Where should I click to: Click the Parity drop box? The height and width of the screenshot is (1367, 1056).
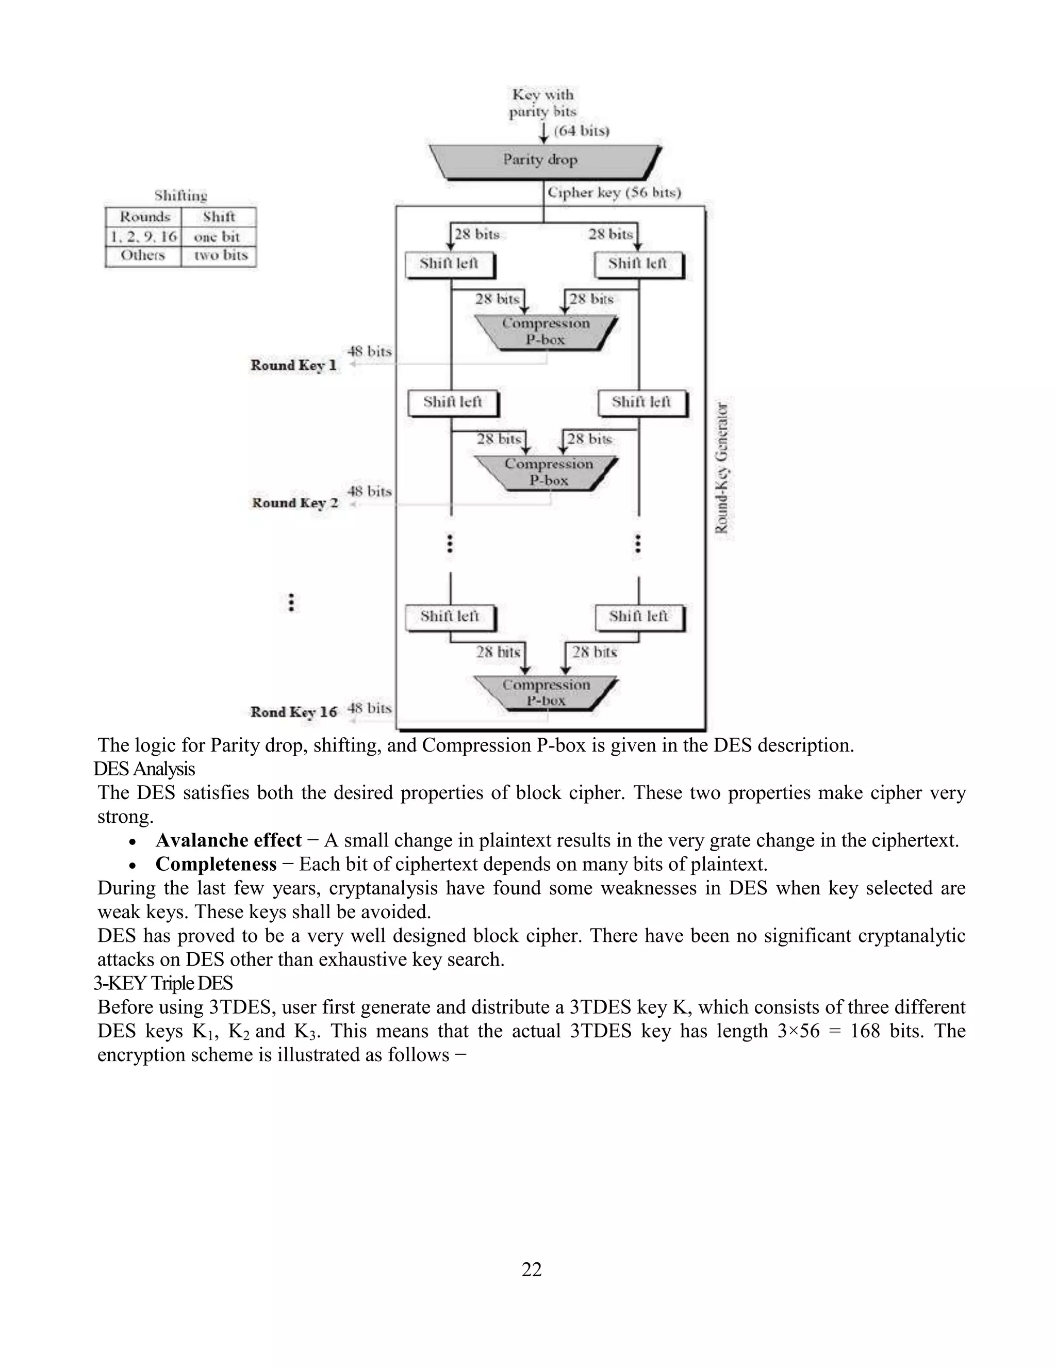click(542, 161)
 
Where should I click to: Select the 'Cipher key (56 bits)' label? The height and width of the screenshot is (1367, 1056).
click(614, 193)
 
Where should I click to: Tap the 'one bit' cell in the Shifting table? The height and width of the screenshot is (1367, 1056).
click(218, 237)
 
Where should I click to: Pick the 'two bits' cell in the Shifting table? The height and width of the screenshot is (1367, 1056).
click(220, 255)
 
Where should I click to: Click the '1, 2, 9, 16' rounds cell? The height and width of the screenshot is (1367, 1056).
click(144, 237)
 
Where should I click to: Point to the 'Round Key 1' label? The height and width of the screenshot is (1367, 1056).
click(293, 366)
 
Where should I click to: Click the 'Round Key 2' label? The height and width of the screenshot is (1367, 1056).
click(294, 503)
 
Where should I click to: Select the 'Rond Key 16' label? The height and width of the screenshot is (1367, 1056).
click(293, 712)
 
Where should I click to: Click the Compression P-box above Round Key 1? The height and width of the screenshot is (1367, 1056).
click(546, 332)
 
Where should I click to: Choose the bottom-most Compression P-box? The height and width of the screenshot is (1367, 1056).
click(546, 693)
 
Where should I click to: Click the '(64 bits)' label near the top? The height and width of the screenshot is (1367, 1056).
click(581, 131)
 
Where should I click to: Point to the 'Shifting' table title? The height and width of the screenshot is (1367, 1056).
click(181, 196)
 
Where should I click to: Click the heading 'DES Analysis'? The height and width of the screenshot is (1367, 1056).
click(144, 769)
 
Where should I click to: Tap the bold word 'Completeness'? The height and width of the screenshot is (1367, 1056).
click(216, 865)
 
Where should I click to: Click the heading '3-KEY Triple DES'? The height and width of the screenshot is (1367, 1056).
click(163, 983)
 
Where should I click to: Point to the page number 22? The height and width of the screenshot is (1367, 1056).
click(532, 1270)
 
